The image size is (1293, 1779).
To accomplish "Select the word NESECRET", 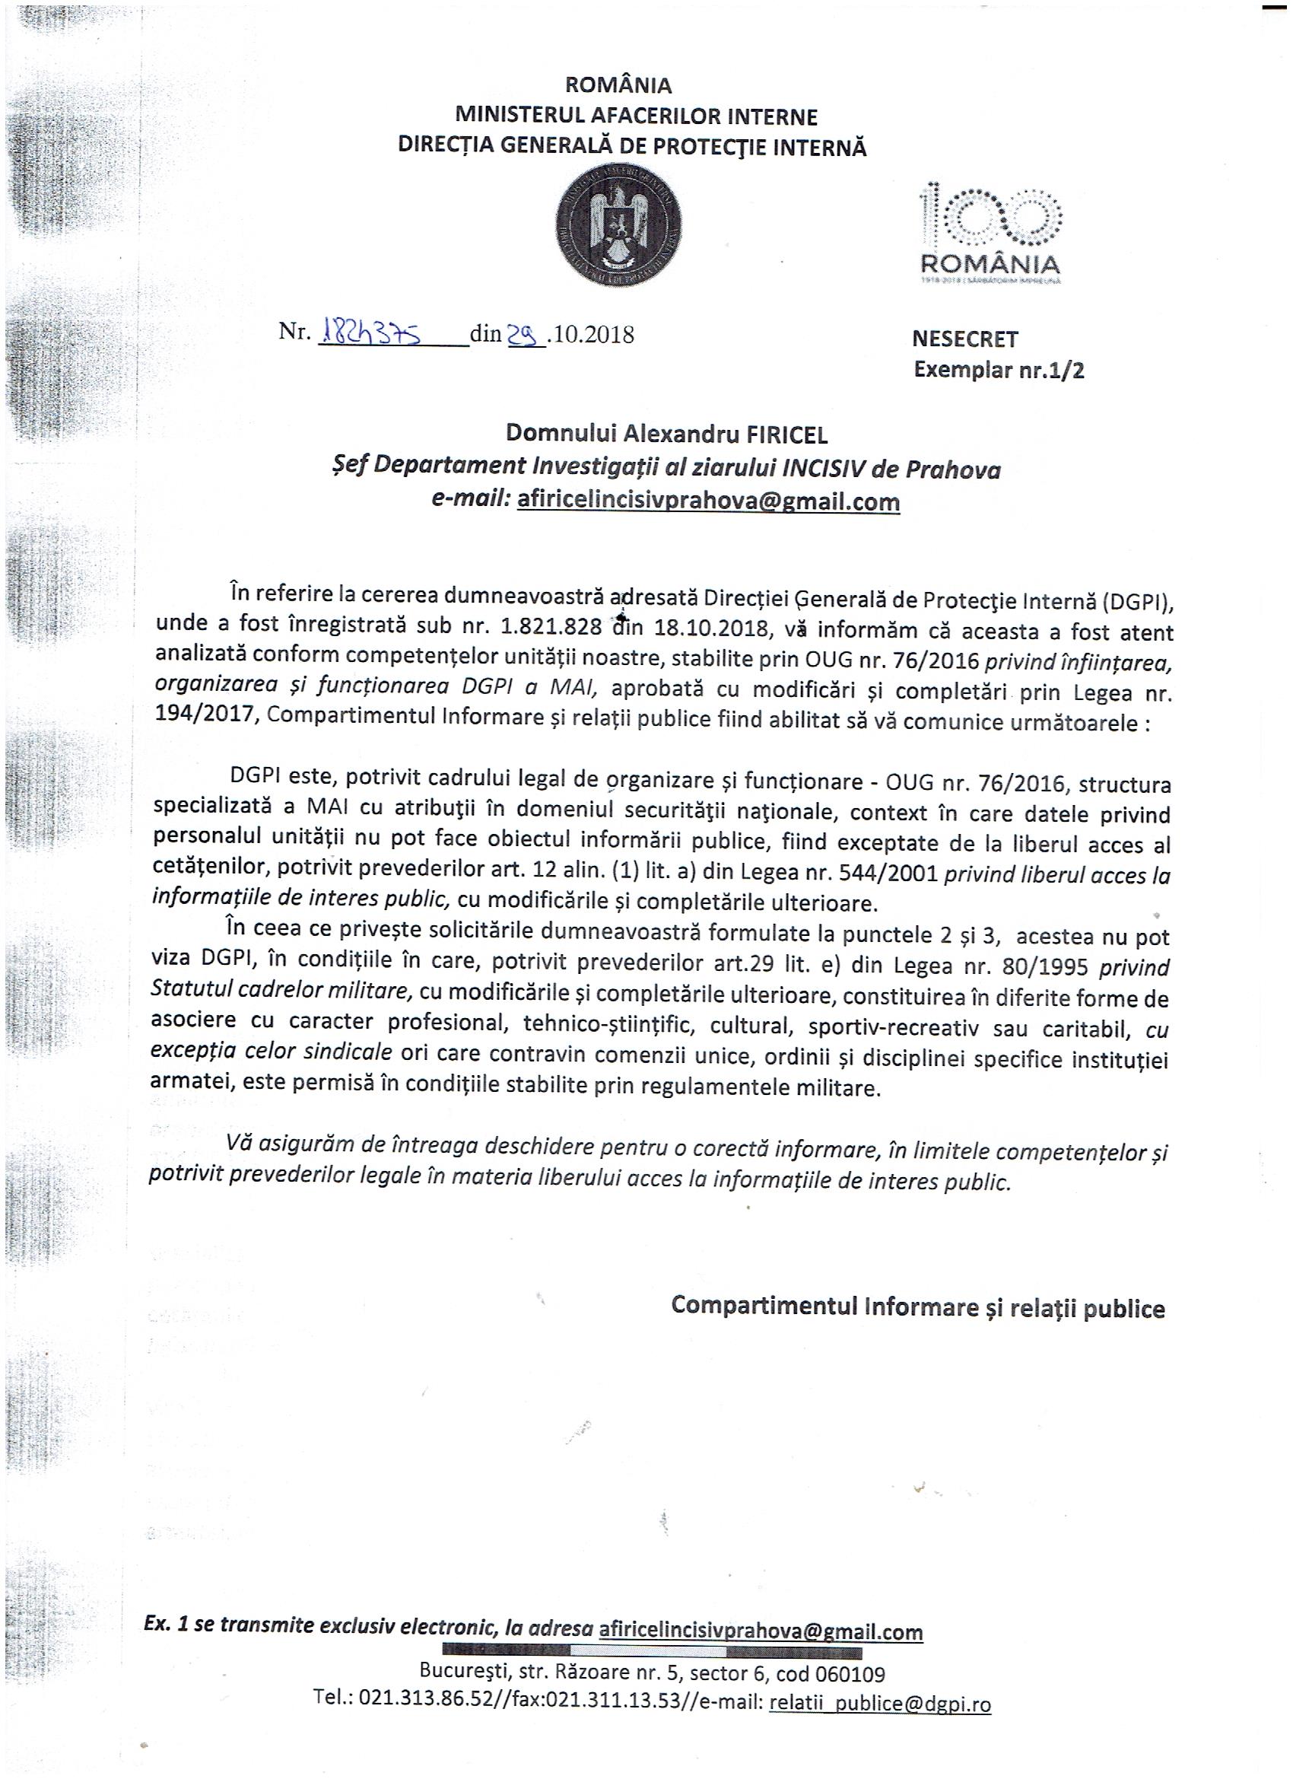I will coord(964,339).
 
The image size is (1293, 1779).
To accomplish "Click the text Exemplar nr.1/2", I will coord(999,370).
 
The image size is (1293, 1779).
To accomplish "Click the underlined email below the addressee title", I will coord(708,501).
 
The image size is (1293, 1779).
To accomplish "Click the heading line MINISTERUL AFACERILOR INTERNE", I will coord(636,116).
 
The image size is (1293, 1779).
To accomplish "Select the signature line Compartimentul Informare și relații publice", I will coord(917,1306).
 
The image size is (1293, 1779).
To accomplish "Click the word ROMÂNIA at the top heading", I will coord(618,84).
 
